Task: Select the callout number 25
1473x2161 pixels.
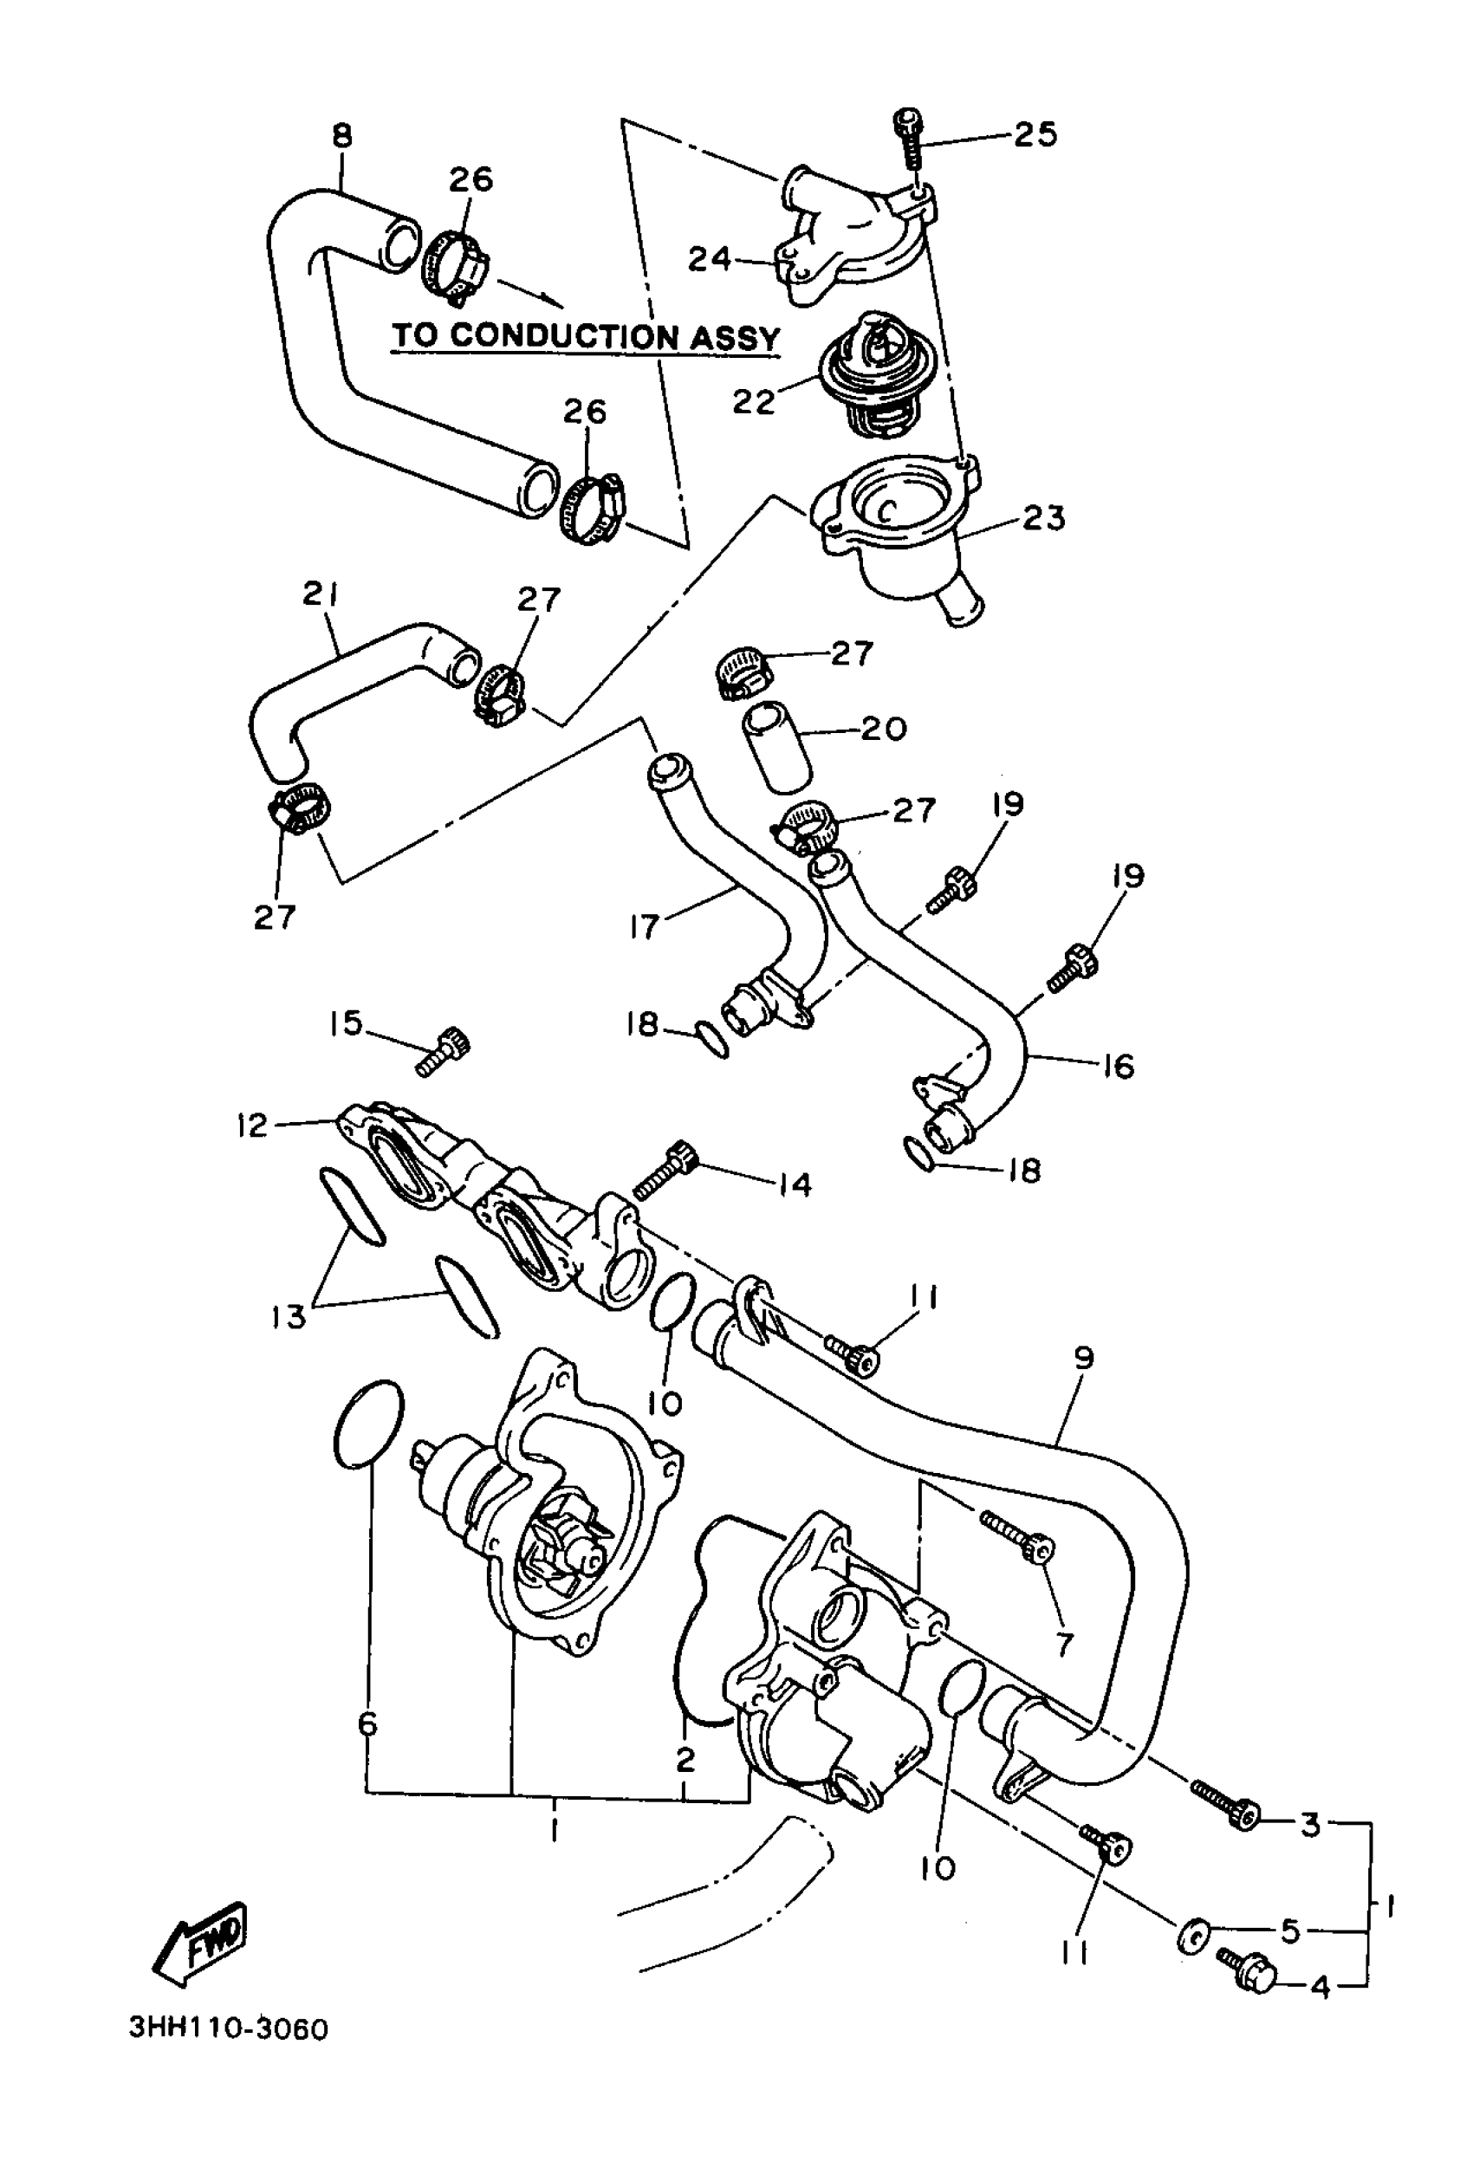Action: coord(1035,135)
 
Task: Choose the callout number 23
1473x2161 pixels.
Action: coord(1042,518)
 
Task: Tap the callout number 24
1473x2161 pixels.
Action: coord(710,259)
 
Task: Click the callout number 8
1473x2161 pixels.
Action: coord(342,137)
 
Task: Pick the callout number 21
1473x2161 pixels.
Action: coord(320,594)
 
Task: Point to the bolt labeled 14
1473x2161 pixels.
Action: coord(665,1169)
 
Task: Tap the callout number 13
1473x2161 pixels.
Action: coord(289,1317)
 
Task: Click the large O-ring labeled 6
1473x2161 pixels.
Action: coord(368,1424)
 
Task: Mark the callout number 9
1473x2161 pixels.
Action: coord(1083,1359)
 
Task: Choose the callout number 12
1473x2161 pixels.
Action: coord(252,1126)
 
